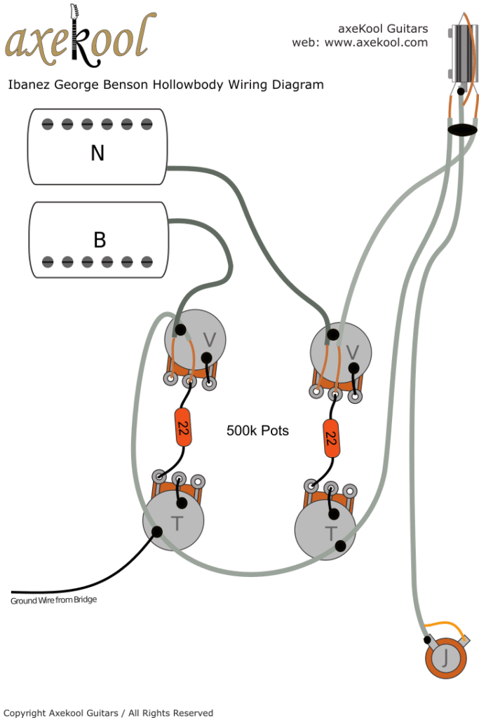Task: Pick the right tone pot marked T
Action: (x=325, y=531)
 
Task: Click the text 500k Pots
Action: (x=257, y=431)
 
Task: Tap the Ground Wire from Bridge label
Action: (x=53, y=600)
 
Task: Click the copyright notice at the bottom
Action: (x=108, y=712)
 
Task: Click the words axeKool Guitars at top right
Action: (x=382, y=29)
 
